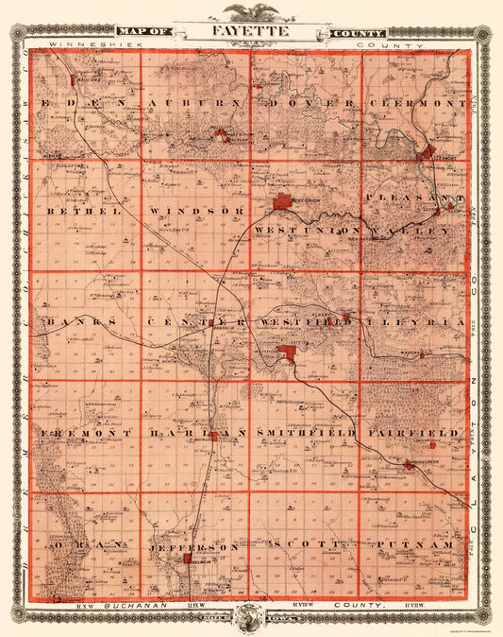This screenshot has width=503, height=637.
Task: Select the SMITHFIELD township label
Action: (305, 432)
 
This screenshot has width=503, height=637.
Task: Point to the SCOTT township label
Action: (304, 547)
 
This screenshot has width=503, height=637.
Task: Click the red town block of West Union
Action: (284, 201)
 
